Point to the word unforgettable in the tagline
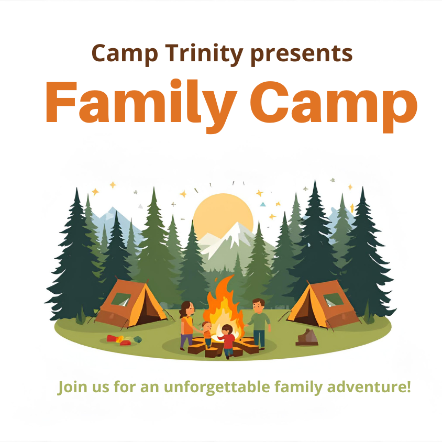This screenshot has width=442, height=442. pyautogui.click(x=218, y=388)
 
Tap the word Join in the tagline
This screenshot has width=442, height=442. pyautogui.click(x=70, y=388)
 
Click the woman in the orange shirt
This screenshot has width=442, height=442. pyautogui.click(x=187, y=325)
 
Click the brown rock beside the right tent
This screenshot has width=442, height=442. pyautogui.click(x=307, y=337)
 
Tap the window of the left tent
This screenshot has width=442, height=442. pyautogui.click(x=121, y=299)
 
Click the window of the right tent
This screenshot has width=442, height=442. pyautogui.click(x=333, y=300)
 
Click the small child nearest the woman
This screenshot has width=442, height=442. pyautogui.click(x=207, y=334)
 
